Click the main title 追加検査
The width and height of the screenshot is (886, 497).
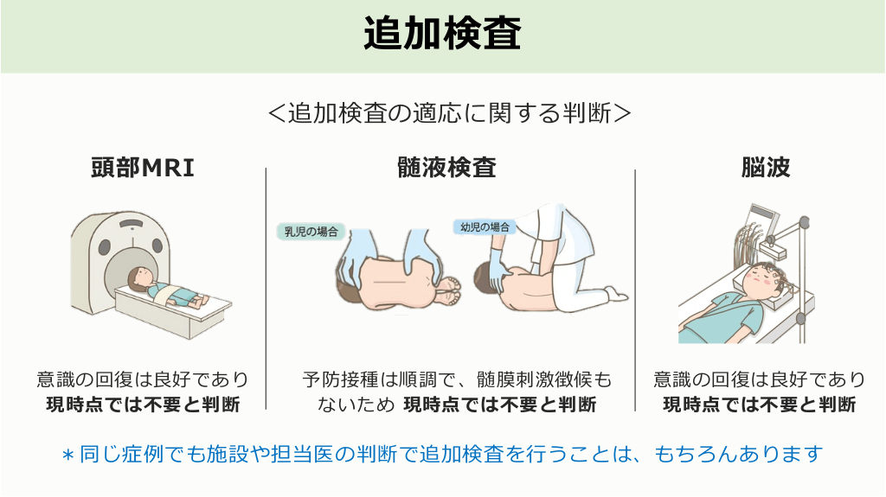coord(442,34)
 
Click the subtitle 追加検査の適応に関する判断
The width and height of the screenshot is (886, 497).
coord(450,113)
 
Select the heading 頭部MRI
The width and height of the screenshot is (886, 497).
coord(143,168)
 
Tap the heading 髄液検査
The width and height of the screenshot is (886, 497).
coord(446,168)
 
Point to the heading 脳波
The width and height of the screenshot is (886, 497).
coord(766,168)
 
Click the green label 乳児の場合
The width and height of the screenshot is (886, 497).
coord(311,232)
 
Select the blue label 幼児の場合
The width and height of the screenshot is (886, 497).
coord(485,227)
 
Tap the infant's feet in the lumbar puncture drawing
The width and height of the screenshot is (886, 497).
coord(450,290)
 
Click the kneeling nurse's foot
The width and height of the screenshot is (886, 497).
coord(616,294)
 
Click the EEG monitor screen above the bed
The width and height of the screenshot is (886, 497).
coord(762,217)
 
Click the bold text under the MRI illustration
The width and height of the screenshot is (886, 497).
coord(143,405)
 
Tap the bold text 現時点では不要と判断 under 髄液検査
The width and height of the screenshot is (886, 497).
coord(500,405)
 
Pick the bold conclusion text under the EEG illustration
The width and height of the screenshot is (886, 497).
coord(760,405)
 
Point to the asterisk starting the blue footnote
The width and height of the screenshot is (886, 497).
coord(67,456)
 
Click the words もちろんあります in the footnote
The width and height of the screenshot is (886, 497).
coord(738,454)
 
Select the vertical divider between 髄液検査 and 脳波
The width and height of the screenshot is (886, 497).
coord(635,290)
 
